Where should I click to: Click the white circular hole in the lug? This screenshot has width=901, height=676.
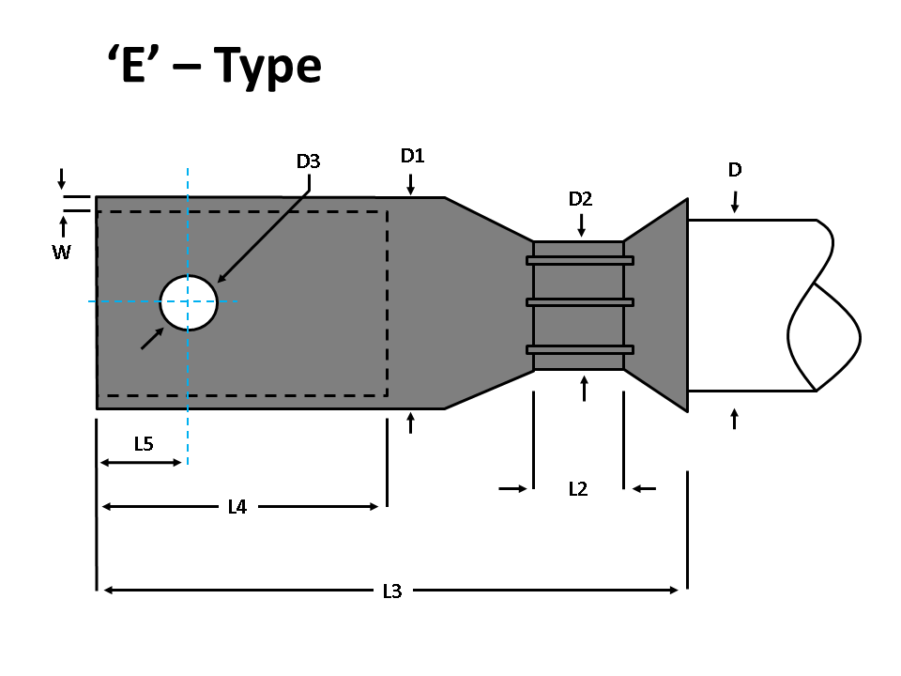[x=189, y=302]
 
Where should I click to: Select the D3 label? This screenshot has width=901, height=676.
[x=308, y=161]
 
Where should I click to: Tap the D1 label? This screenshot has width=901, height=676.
[x=413, y=156]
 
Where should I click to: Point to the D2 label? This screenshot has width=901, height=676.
[x=581, y=199]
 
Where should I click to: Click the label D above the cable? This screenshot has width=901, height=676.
[x=735, y=170]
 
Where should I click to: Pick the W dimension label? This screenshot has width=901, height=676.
[x=61, y=252]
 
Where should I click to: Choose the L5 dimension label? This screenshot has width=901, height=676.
[x=143, y=444]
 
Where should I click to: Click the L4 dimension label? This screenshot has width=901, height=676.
[x=237, y=507]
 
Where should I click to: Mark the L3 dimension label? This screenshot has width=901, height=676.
[x=392, y=591]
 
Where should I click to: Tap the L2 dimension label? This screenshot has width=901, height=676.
[x=578, y=488]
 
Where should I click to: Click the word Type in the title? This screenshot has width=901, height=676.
[x=267, y=68]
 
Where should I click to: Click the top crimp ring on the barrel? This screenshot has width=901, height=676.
[x=580, y=260]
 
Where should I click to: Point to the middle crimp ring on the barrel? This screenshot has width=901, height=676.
[x=580, y=302]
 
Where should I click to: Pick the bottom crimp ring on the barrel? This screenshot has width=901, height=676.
[x=580, y=349]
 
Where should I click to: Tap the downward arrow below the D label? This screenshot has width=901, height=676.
[x=735, y=201]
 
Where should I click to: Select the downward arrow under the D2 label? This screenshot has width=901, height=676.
[x=582, y=225]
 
